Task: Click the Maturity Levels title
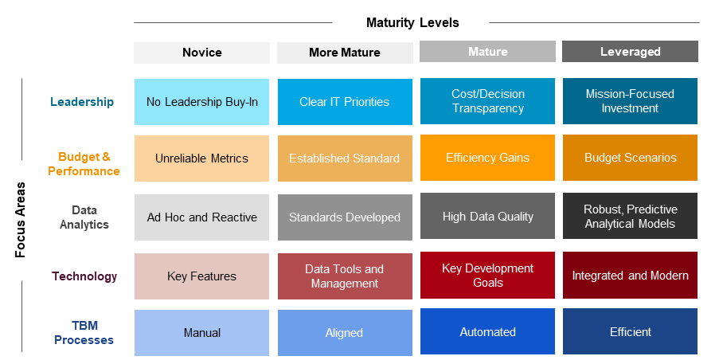coord(412,22)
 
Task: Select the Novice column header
coord(201,53)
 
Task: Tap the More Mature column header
coord(345,53)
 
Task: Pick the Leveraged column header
coord(630,51)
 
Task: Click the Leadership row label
coord(82,102)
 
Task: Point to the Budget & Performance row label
coord(84,164)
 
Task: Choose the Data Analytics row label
coord(84,217)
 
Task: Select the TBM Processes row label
coord(84,332)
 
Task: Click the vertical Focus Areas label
coord(20,220)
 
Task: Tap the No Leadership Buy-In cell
coord(201,102)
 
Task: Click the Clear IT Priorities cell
coord(345,102)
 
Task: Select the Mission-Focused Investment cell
coord(630,101)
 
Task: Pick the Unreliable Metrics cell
coord(201,158)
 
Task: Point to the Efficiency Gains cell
coord(487,158)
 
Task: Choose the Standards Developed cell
coord(345,217)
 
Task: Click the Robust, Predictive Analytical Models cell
coord(630,216)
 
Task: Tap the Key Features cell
coord(201,276)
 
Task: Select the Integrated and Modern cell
coord(630,275)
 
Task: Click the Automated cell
coord(487,331)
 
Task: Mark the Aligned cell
coord(345,333)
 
